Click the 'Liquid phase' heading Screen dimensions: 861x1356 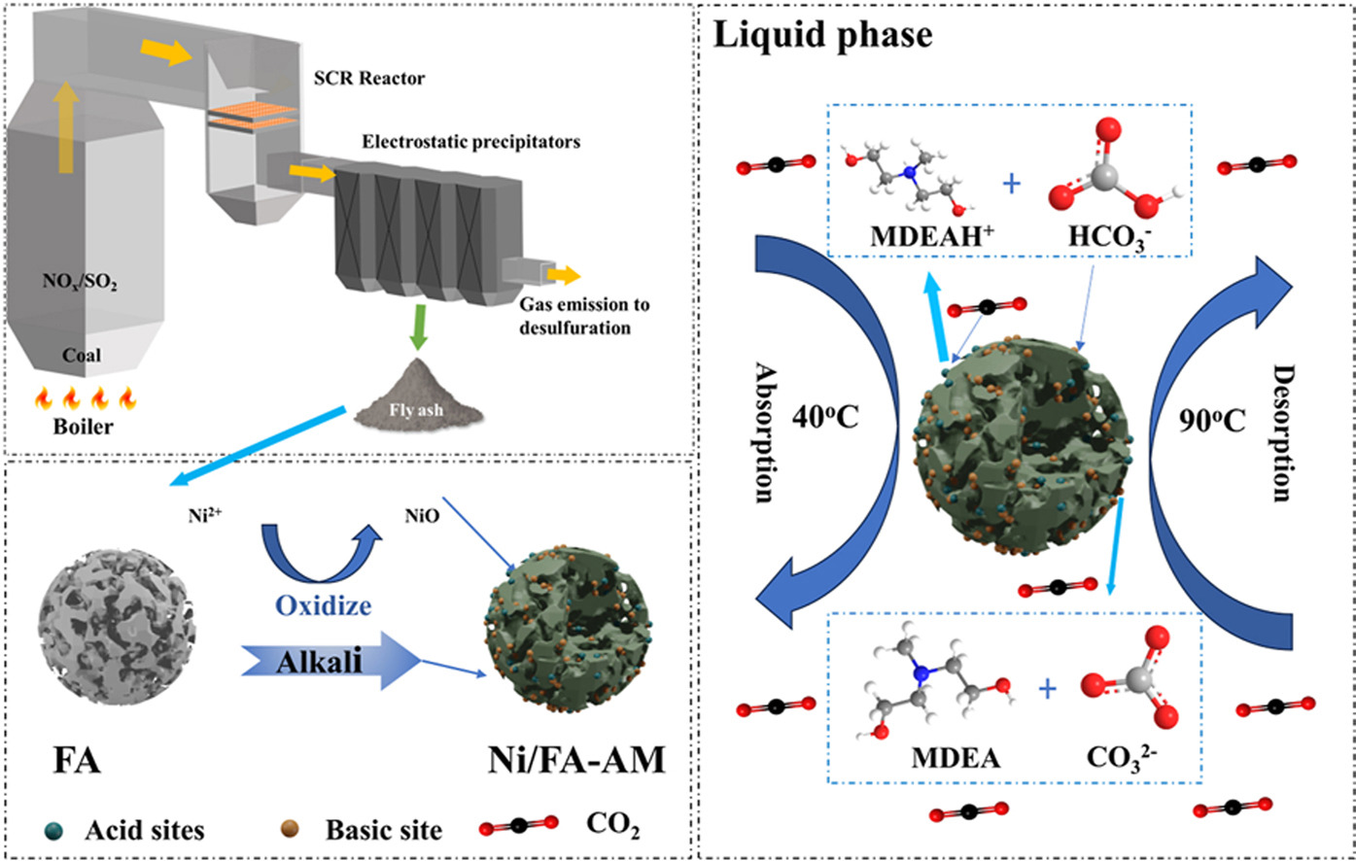coord(821,36)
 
